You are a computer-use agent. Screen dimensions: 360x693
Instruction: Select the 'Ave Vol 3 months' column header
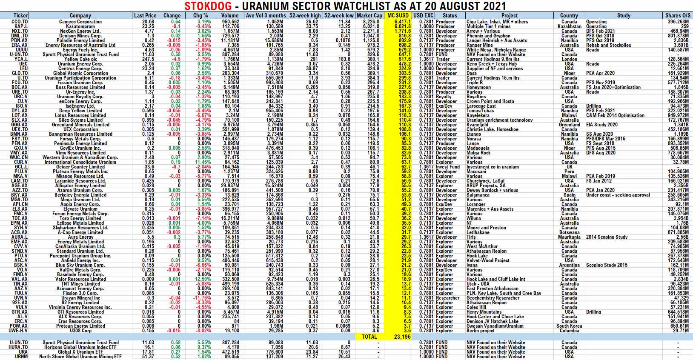(266, 15)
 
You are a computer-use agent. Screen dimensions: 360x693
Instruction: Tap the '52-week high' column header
(305, 15)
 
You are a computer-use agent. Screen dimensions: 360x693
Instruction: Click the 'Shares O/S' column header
(678, 15)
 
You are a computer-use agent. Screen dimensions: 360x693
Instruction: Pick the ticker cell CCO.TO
(20, 22)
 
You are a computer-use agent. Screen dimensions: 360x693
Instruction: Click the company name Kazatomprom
(80, 26)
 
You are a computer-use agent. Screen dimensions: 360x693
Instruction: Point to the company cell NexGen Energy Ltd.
(80, 31)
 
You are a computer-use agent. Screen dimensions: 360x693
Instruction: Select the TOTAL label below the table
(369, 336)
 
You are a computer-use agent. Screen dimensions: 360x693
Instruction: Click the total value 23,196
(402, 336)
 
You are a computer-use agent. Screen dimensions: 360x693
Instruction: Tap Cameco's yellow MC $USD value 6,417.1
(402, 22)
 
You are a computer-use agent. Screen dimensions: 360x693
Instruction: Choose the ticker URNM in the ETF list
(21, 357)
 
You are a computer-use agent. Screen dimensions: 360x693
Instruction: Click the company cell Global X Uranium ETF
(80, 352)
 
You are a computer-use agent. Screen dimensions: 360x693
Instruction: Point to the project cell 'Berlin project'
(481, 330)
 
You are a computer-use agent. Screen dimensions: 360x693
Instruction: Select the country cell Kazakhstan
(569, 26)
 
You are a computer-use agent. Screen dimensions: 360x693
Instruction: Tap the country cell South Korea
(569, 326)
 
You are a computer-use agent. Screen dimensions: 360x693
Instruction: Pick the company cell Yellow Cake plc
(80, 59)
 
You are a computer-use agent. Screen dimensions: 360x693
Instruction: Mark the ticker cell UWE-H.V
(18, 330)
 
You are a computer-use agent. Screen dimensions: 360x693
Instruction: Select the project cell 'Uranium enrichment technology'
(499, 120)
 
